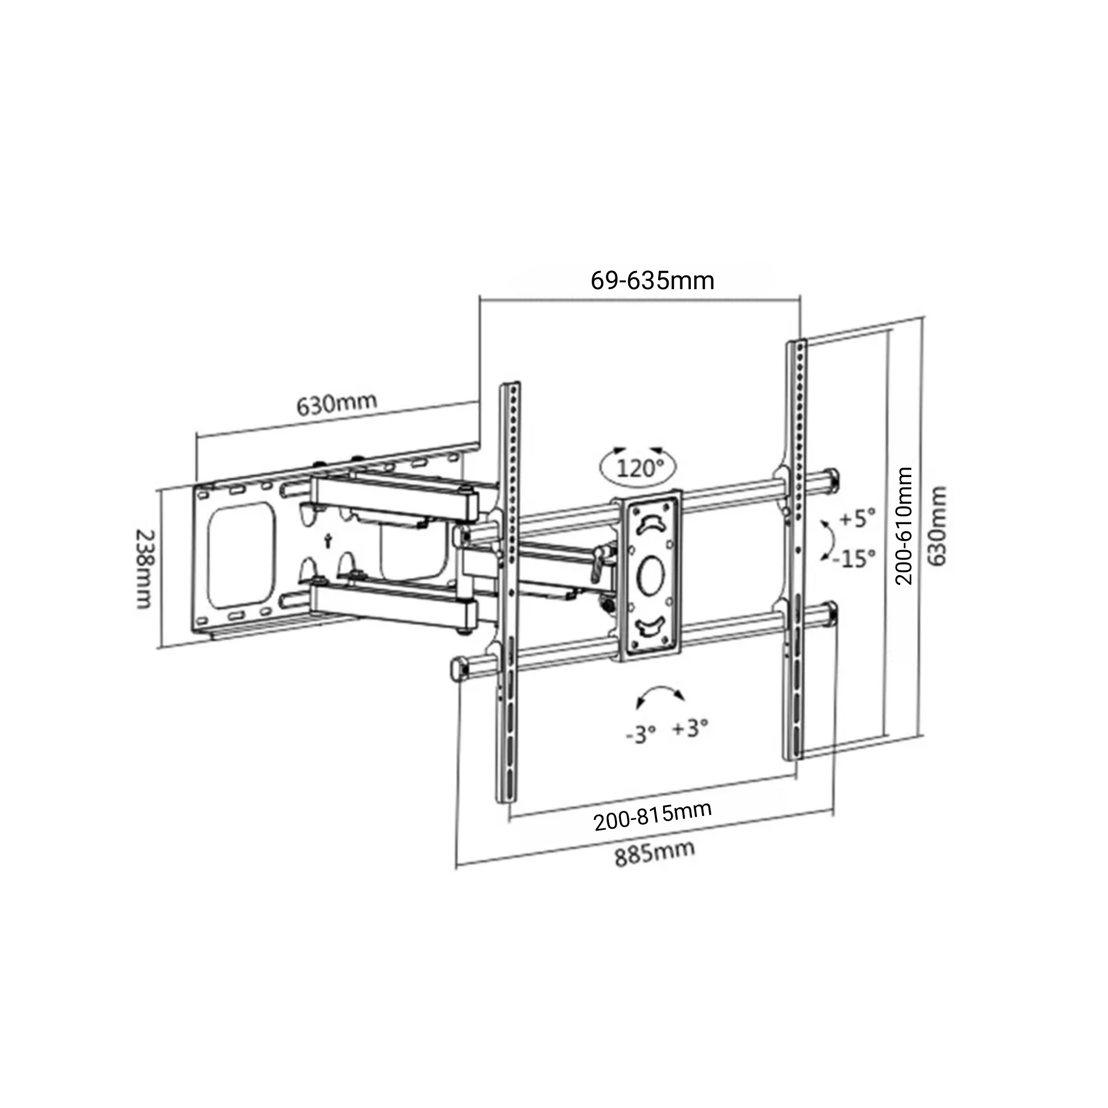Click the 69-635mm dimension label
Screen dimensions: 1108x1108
(x=652, y=281)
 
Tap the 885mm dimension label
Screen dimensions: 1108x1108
(x=654, y=854)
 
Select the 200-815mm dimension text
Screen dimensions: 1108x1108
(x=653, y=815)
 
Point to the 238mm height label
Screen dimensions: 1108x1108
(x=144, y=568)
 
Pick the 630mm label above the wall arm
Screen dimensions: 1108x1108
(x=337, y=403)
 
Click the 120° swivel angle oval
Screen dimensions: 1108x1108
(x=638, y=468)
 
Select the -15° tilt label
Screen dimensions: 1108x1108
(x=854, y=557)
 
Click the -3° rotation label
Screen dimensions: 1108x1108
(x=640, y=733)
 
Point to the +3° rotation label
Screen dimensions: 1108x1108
(x=690, y=729)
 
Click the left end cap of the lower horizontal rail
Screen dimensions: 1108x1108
(x=460, y=669)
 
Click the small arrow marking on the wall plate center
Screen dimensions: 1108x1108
(x=328, y=540)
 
